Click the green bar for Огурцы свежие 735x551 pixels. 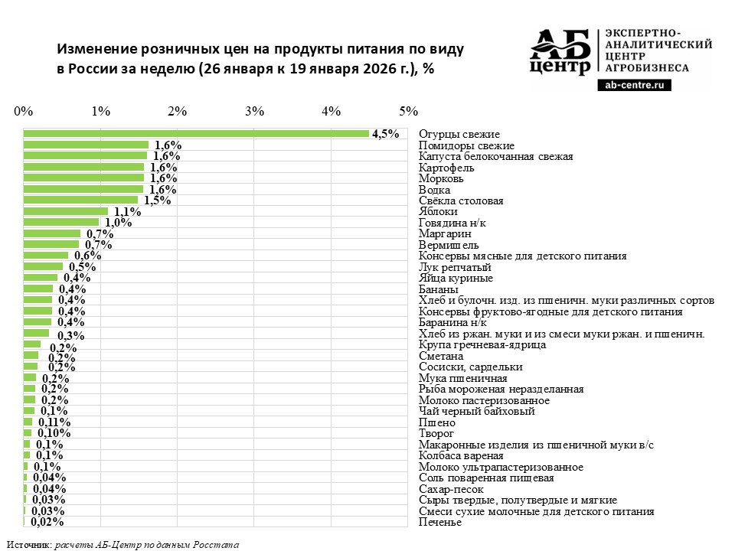[196, 134]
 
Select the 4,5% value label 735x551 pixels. [386, 134]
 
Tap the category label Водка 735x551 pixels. [435, 190]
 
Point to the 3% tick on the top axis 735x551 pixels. [254, 111]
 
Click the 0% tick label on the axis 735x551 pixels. [24, 111]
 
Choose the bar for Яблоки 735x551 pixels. [66, 211]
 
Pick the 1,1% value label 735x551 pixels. [127, 212]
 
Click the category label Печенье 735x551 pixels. [440, 522]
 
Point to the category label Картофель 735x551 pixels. [446, 168]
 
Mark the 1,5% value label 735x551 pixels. [157, 201]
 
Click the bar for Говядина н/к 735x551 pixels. [61, 223]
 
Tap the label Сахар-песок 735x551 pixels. [451, 489]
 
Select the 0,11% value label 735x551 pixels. [54, 422]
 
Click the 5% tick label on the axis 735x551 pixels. [408, 111]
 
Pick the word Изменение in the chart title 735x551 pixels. [96, 48]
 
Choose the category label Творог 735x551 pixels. [436, 434]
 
